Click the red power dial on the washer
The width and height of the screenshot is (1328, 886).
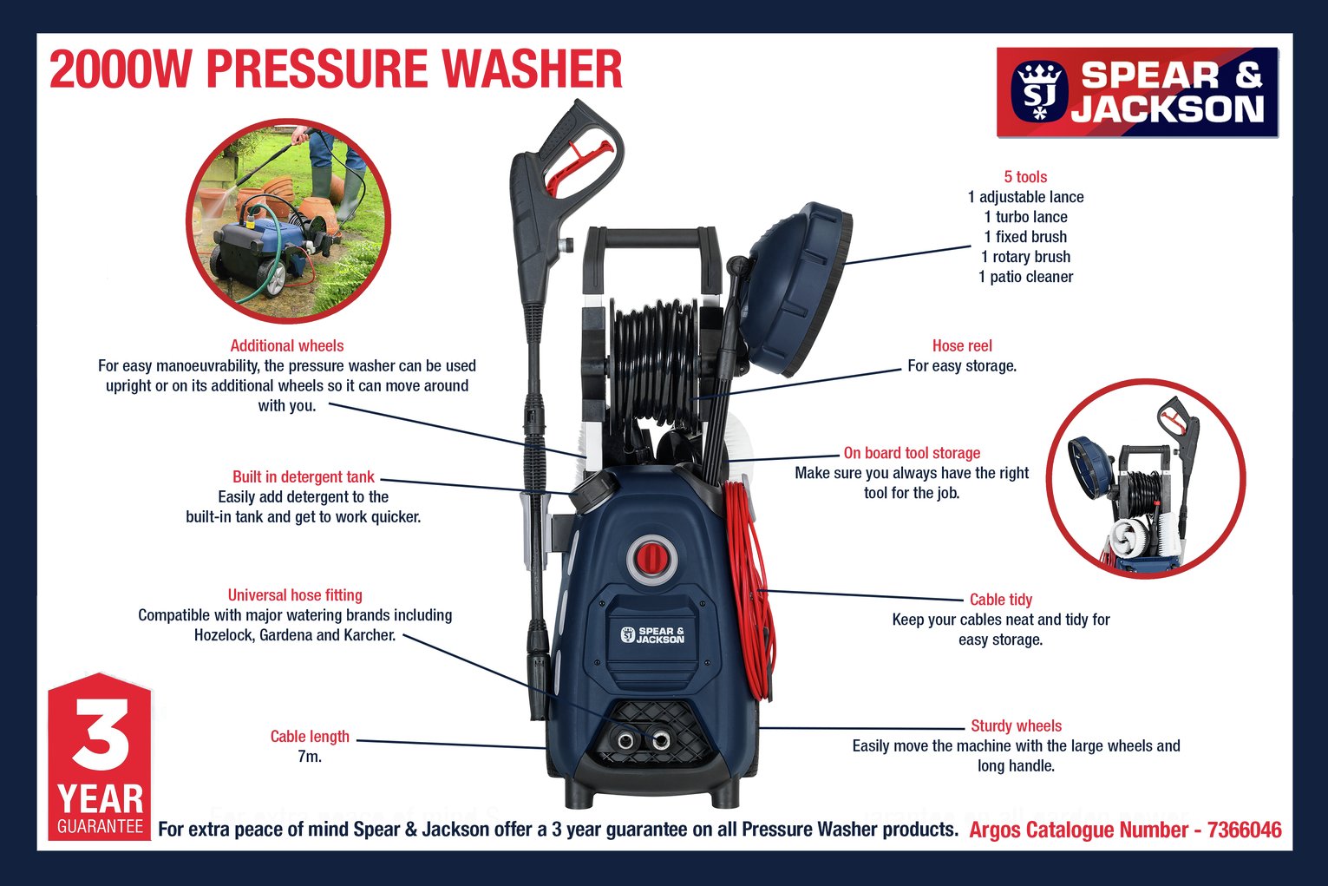click(652, 557)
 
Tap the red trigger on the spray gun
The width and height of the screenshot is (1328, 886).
click(578, 167)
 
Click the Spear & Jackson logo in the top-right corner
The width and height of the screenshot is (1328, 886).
click(1137, 93)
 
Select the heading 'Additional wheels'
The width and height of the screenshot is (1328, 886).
click(287, 345)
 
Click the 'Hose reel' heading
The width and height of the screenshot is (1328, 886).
click(962, 345)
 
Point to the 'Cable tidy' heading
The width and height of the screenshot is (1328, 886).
click(1001, 600)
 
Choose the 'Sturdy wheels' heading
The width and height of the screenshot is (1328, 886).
click(1016, 725)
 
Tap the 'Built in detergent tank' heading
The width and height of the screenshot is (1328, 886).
click(303, 476)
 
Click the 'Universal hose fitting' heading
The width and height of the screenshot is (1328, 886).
click(295, 594)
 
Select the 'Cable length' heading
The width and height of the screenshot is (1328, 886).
click(310, 737)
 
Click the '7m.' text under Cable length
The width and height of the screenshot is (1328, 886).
click(310, 757)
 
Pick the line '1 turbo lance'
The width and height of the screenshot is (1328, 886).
click(1025, 217)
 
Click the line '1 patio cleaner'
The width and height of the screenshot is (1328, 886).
click(1025, 277)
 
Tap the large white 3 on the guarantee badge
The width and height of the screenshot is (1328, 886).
click(101, 734)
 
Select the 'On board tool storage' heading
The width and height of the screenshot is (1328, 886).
click(912, 453)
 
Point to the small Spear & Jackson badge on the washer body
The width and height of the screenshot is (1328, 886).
click(652, 634)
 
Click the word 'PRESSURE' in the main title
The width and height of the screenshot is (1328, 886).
click(317, 69)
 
